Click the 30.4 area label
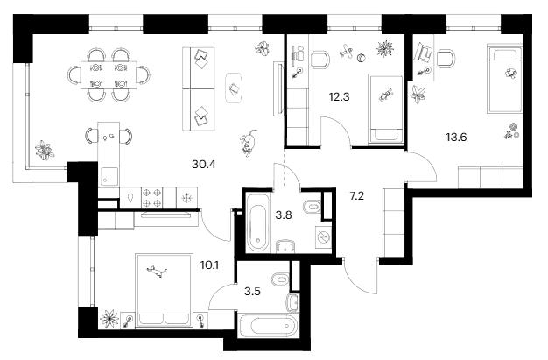point(203,164)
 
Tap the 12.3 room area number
point(339,96)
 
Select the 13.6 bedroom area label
point(456,138)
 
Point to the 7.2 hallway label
point(357,196)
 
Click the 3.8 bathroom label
point(284,215)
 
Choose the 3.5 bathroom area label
point(252,291)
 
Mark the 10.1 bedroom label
point(209,265)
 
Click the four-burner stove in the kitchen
point(152,198)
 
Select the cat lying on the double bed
point(156,271)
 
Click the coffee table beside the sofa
point(234,88)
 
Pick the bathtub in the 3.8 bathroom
point(258,222)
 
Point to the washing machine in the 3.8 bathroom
point(323,237)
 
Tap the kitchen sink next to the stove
point(130,198)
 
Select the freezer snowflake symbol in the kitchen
point(187,198)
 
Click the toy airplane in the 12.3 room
point(347,51)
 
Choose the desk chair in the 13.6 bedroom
point(446,58)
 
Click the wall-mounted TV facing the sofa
point(279,88)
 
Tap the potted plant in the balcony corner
point(45,151)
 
